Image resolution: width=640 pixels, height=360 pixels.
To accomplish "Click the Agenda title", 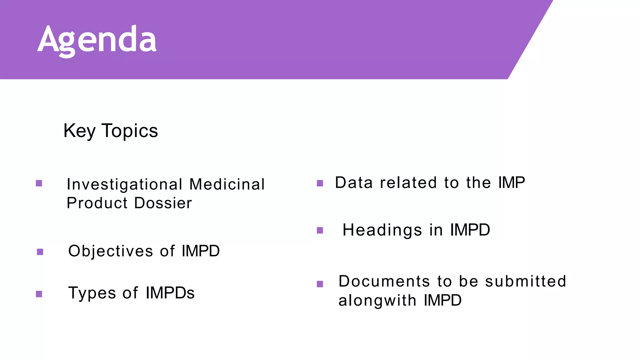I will (97, 40).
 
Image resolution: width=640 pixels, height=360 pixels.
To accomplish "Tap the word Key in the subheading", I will (79, 131).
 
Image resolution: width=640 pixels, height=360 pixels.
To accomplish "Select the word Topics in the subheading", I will (130, 131).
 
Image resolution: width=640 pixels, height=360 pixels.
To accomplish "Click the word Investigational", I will (124, 184).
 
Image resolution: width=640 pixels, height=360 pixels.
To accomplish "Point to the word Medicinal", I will (227, 184).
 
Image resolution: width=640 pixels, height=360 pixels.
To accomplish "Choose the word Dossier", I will (163, 203).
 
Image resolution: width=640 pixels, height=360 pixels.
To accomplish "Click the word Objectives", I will (111, 251).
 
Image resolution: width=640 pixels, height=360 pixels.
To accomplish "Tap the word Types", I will (92, 293).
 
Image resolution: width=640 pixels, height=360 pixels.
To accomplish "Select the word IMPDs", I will (170, 293).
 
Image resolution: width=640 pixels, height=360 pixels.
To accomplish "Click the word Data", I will (354, 183).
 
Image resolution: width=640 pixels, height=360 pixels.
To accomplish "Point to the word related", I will (408, 183).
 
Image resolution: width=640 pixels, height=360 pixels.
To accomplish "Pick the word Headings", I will (382, 230).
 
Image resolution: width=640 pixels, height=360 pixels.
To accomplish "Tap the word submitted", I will (526, 281).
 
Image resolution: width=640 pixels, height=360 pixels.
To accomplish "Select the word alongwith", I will (377, 301).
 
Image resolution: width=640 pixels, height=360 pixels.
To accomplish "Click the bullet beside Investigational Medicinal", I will (39, 183).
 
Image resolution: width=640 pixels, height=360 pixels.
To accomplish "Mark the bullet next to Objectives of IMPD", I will (40, 252).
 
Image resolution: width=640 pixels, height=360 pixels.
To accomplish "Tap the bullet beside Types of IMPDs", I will (39, 294).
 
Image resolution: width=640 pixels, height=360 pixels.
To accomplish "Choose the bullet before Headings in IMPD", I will (320, 231).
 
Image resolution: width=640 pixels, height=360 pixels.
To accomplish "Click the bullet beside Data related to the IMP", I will (320, 183).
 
